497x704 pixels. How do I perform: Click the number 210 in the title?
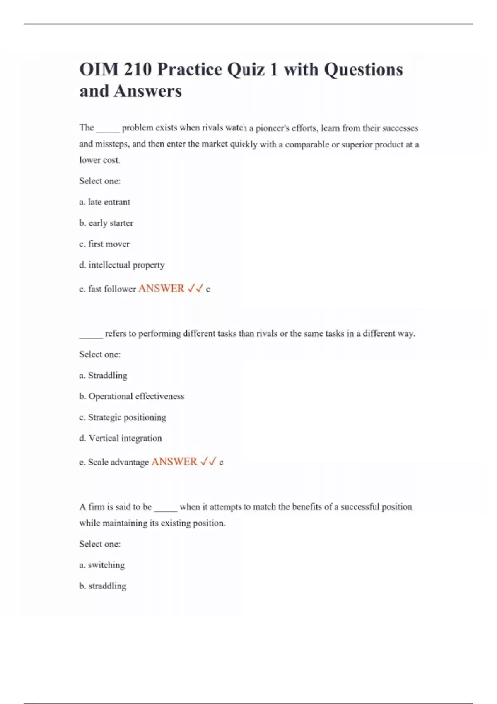(137, 70)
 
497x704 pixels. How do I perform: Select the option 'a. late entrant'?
(104, 202)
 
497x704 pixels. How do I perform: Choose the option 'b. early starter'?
(106, 223)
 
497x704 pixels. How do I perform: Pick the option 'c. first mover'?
(104, 244)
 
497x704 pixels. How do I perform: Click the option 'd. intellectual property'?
(122, 265)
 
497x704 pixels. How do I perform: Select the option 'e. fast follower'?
(107, 289)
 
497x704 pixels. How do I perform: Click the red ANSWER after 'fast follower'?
(161, 288)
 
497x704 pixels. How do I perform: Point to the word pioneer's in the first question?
(272, 128)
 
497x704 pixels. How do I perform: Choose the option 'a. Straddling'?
(103, 376)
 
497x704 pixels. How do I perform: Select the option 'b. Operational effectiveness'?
(132, 396)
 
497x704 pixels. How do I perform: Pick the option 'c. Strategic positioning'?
(123, 417)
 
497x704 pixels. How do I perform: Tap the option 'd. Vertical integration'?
(121, 438)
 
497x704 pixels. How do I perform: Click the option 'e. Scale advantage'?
(114, 462)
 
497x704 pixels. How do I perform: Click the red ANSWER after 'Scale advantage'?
(174, 462)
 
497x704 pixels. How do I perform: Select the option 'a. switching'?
(102, 565)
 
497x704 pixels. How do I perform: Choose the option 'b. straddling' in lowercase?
(103, 586)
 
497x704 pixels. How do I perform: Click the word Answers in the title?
(147, 92)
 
